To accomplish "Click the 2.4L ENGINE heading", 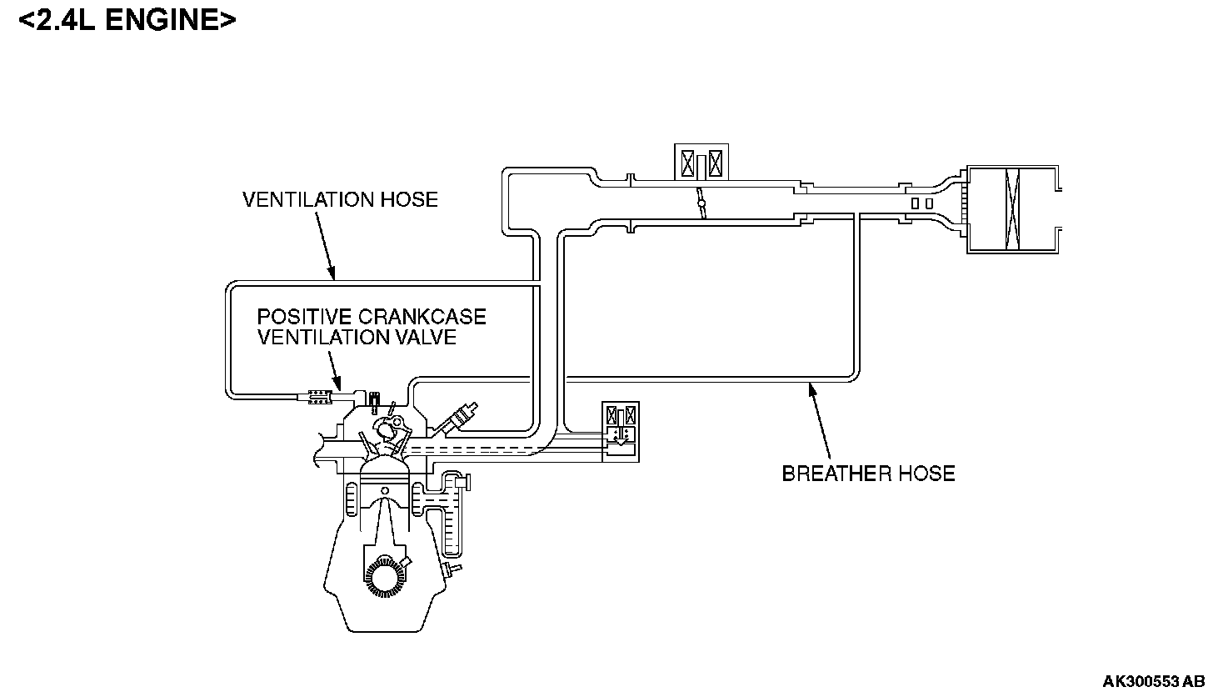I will (127, 21).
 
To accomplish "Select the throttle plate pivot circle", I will (701, 203).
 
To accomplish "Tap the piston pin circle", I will (384, 489).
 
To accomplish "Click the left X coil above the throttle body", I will (688, 163).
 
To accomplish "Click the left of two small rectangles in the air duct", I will (915, 203).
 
